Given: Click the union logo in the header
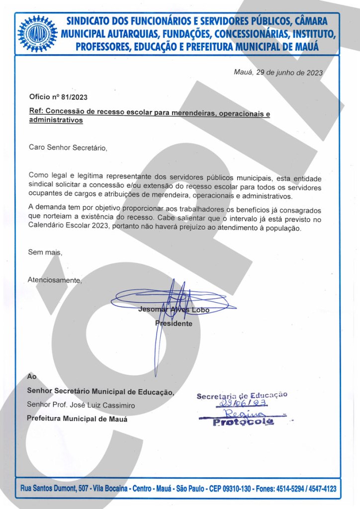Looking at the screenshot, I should [38, 34].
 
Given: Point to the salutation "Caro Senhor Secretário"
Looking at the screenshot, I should [68, 148].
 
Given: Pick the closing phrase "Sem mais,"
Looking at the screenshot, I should [45, 253].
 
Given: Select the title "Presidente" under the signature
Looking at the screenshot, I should [174, 324].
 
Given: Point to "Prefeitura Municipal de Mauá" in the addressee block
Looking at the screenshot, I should [77, 419].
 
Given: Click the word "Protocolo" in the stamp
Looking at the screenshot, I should [243, 423].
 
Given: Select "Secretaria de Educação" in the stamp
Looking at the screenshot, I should [242, 396].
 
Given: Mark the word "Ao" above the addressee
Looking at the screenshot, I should [31, 377].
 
